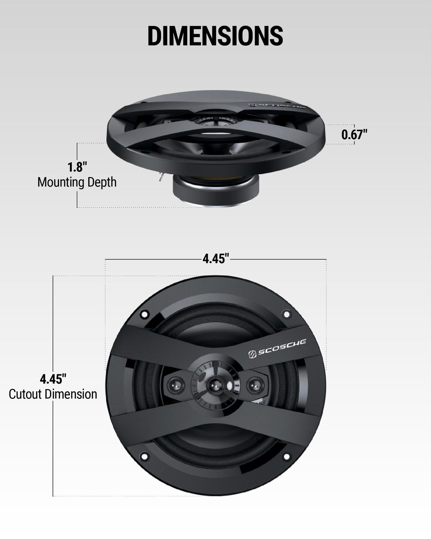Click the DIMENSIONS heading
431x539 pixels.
(x=215, y=36)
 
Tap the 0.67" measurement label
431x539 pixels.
(x=354, y=134)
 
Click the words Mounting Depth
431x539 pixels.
(x=77, y=182)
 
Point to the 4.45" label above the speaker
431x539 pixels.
(x=215, y=258)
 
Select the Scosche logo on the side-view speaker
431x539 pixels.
(x=277, y=106)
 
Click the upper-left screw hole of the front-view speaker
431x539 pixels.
(x=144, y=314)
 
